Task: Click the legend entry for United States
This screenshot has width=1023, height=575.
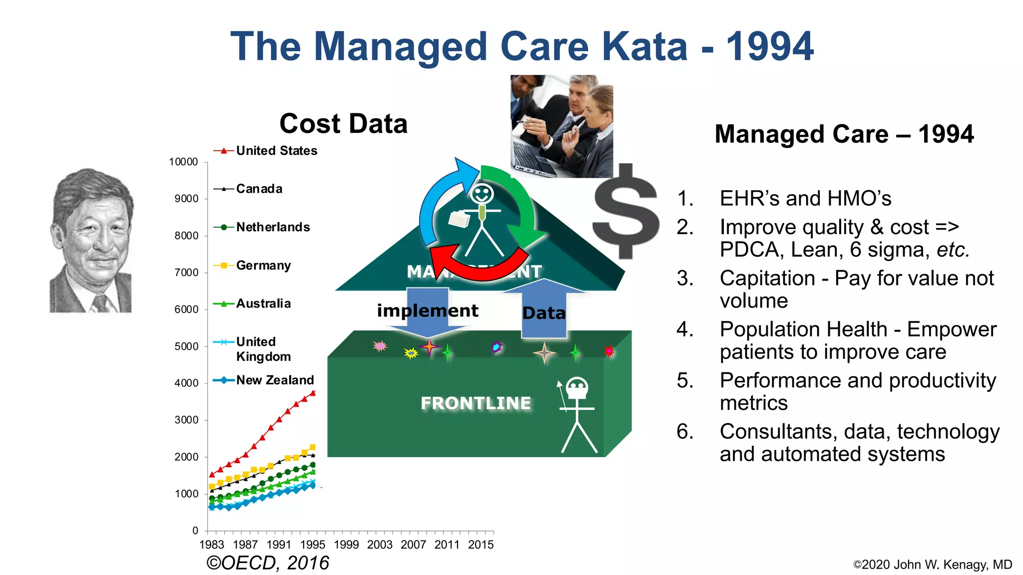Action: point(276,151)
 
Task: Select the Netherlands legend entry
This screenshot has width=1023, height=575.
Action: point(273,227)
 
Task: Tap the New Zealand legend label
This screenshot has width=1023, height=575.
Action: point(275,380)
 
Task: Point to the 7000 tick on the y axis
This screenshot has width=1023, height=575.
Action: point(186,273)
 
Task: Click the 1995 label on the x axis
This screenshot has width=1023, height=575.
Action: point(313,545)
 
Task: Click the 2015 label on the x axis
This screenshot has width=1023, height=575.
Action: point(481,545)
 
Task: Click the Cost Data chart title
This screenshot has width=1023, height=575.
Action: point(344,123)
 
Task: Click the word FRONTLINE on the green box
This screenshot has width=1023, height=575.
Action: point(476,403)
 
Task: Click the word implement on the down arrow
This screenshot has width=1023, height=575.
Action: point(428,310)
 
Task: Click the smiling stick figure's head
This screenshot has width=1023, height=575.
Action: point(482,194)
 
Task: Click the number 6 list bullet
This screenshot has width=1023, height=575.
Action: point(685,432)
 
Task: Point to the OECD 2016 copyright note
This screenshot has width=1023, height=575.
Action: point(268,563)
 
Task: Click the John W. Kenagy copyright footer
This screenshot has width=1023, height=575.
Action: point(932,565)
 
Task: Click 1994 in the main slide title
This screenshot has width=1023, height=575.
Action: point(769,46)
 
